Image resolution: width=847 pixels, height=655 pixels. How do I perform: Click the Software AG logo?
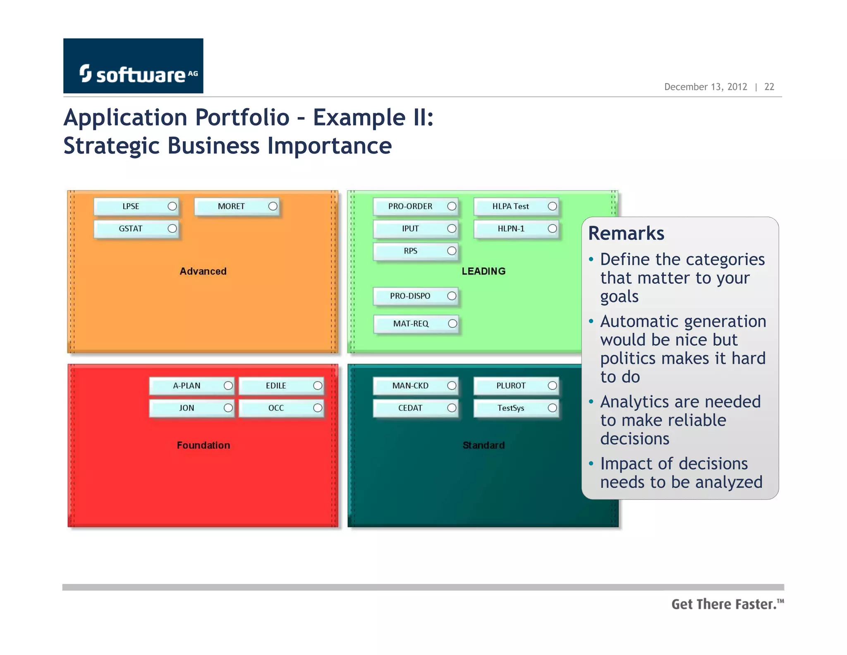[133, 66]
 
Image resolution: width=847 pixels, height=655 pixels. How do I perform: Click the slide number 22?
[769, 87]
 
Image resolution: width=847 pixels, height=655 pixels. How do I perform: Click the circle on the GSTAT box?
[172, 229]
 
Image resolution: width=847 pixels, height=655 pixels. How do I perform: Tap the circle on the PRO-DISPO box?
[452, 296]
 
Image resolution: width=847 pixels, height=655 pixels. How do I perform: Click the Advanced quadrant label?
[203, 271]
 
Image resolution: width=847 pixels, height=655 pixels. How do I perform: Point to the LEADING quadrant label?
[483, 271]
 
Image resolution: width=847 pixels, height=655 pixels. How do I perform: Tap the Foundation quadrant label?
[203, 445]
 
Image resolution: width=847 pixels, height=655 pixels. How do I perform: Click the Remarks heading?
[626, 233]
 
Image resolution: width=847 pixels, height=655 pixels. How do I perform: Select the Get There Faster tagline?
[727, 604]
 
